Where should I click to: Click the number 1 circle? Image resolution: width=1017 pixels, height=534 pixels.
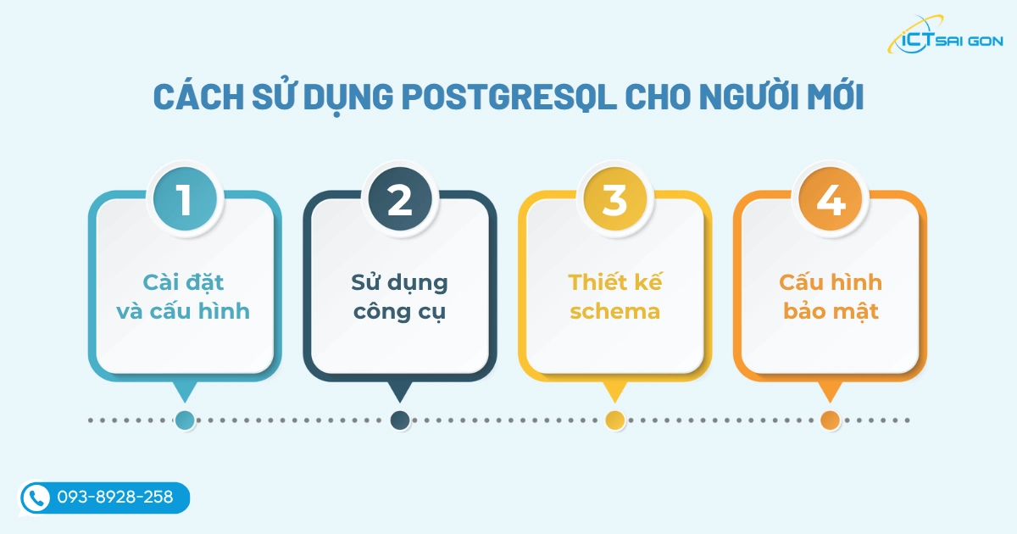click(184, 200)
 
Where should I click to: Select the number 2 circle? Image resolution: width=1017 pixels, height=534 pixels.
click(399, 200)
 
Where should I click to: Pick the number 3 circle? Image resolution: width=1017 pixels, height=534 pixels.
click(614, 200)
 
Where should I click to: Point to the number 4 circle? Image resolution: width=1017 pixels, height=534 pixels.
click(830, 200)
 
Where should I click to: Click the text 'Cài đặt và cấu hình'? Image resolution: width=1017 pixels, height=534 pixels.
click(184, 297)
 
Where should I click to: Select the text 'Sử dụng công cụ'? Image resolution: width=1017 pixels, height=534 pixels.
click(399, 297)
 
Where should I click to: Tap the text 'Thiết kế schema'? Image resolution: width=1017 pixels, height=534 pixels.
click(614, 297)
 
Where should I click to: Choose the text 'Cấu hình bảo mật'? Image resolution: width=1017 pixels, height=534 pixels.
click(830, 297)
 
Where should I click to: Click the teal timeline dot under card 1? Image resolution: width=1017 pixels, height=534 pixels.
click(184, 420)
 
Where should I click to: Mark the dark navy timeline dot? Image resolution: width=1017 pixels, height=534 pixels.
click(400, 420)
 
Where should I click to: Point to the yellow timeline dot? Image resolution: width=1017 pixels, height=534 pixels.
click(615, 420)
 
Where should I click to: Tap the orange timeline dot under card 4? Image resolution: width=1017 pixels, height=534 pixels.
click(830, 420)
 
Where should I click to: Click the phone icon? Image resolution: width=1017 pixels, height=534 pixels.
click(36, 498)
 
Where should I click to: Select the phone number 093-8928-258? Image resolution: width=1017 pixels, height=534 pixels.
click(115, 498)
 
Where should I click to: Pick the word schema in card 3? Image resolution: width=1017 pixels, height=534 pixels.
click(614, 312)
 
